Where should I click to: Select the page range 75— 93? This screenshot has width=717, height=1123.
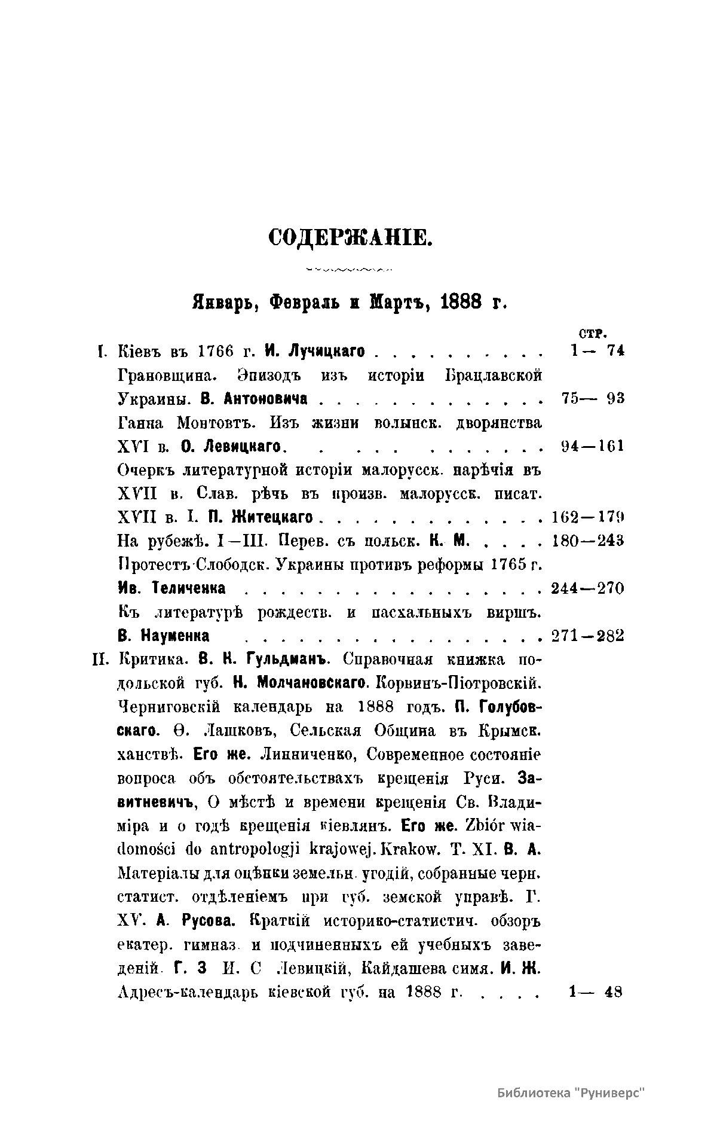(x=593, y=398)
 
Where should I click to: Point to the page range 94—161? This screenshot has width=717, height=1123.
(x=593, y=446)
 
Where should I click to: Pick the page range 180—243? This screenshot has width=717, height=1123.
(x=587, y=541)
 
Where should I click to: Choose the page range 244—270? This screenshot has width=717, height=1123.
(x=587, y=588)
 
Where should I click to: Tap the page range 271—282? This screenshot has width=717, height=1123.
(x=587, y=636)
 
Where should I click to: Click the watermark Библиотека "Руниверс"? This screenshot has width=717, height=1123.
(x=572, y=1093)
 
